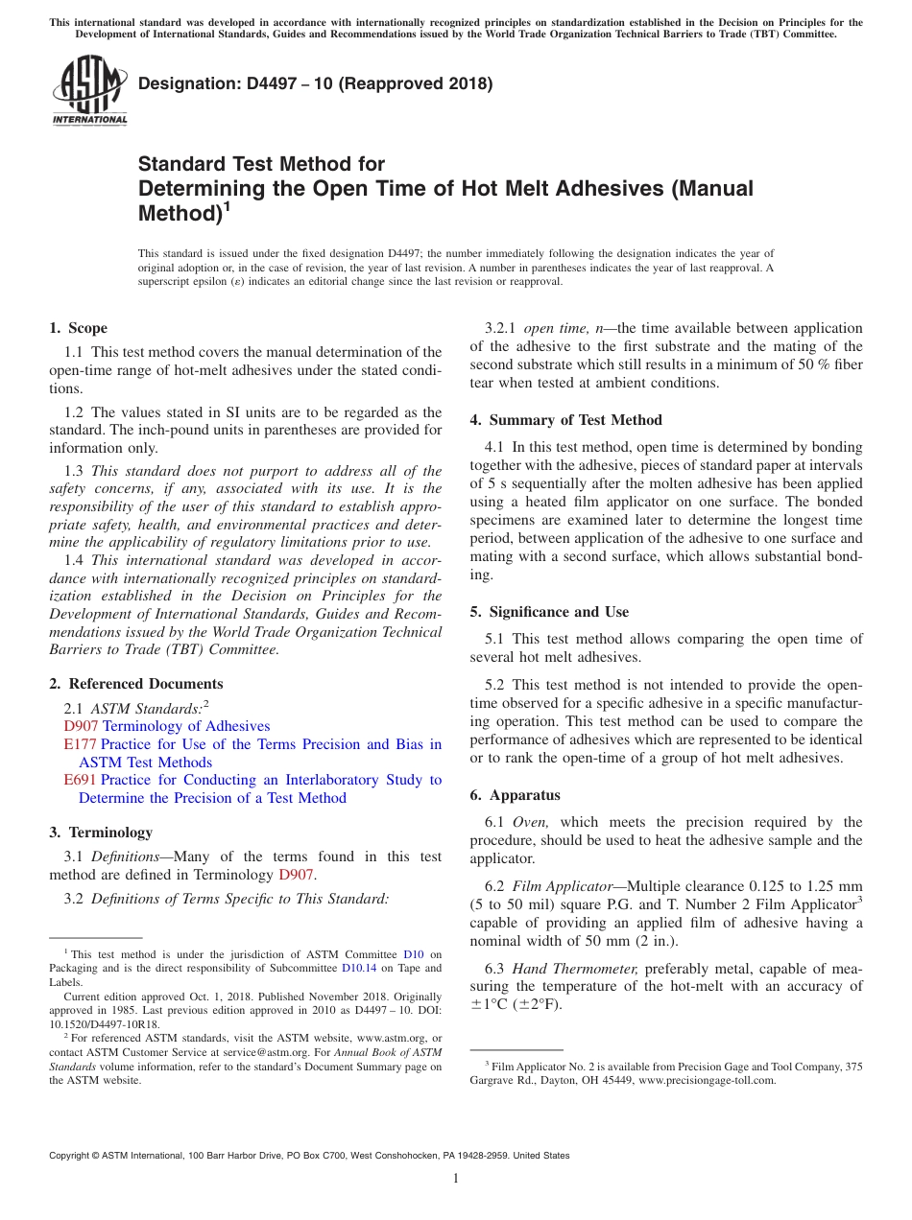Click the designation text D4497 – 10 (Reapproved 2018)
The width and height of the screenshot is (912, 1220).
[x=315, y=83]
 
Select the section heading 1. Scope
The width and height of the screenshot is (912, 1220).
[x=78, y=328]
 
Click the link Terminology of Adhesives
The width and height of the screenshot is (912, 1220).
[x=186, y=726]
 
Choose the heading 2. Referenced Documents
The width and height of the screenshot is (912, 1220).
[x=135, y=684]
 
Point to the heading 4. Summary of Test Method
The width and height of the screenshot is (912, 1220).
[x=565, y=420]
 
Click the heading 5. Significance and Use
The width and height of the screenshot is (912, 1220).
[x=549, y=612]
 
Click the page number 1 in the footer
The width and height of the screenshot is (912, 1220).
[x=456, y=1179]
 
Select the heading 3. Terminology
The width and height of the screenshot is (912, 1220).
[x=101, y=833]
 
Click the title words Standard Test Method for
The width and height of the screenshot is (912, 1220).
[x=261, y=164]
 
